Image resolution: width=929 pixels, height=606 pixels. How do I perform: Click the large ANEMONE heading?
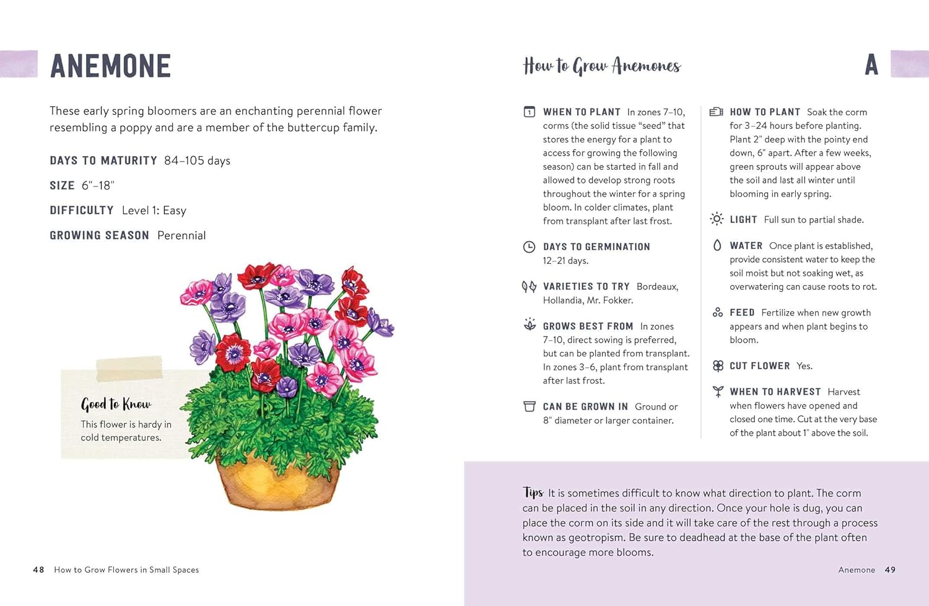click(x=110, y=66)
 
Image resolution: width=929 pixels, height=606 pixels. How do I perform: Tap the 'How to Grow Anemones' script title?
click(x=601, y=66)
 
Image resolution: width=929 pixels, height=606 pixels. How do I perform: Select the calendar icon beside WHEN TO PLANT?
click(x=530, y=112)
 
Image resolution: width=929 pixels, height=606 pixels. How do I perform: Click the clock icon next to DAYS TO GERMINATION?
click(x=529, y=247)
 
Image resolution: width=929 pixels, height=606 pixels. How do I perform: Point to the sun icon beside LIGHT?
click(x=717, y=219)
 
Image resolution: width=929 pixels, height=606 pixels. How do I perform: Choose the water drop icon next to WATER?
click(x=717, y=245)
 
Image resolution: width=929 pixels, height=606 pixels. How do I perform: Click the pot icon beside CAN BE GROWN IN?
click(x=530, y=406)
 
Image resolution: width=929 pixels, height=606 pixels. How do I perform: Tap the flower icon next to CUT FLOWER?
click(x=718, y=366)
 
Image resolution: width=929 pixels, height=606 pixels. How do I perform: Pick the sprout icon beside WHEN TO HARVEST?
click(x=718, y=392)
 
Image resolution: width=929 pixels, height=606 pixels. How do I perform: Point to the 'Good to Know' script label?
click(x=116, y=405)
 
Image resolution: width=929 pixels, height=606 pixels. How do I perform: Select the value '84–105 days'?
click(x=197, y=160)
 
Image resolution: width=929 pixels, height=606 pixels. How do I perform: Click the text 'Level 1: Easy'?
click(x=154, y=211)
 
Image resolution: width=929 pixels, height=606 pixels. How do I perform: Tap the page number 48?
click(x=38, y=569)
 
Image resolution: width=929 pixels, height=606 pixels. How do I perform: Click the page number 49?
click(x=890, y=569)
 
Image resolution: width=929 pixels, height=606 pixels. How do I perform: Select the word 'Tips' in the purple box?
click(x=533, y=492)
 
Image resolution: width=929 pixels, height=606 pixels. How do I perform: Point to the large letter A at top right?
click(x=871, y=65)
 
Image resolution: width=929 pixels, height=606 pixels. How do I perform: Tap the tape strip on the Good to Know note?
click(x=129, y=368)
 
